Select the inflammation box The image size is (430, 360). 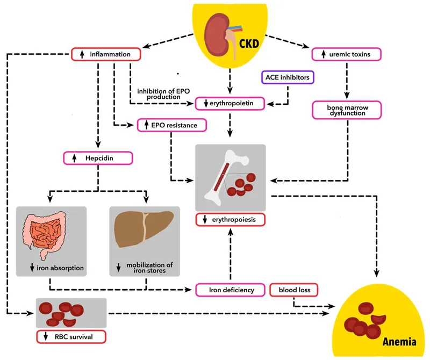tap(106, 54)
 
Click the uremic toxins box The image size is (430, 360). tap(347, 54)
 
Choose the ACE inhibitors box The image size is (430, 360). tap(288, 77)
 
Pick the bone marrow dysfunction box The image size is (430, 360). tap(347, 110)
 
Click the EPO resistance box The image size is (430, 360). tap(171, 125)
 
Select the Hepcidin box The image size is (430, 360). tap(97, 158)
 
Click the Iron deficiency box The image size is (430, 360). tap(231, 290)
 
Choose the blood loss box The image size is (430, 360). tap(294, 290)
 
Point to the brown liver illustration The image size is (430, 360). tap(142, 231)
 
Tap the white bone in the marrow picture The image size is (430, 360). tap(226, 172)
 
